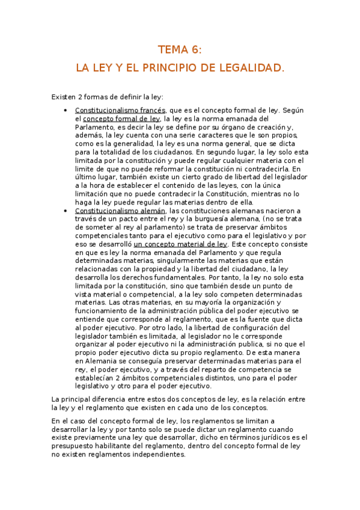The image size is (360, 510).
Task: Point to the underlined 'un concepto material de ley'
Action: [x=180, y=245]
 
